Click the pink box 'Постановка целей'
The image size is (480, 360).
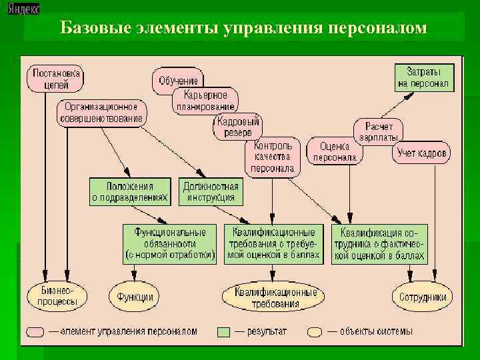[54, 78]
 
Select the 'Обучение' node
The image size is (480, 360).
[178, 81]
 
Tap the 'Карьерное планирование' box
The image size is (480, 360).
[205, 100]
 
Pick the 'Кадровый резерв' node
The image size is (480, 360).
[238, 127]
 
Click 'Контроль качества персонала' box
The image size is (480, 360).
[273, 157]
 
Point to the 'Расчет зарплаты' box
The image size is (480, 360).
[378, 131]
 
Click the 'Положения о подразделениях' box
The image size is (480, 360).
[130, 192]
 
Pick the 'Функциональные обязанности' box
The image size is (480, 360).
[170, 243]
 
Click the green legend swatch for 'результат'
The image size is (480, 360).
[224, 331]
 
